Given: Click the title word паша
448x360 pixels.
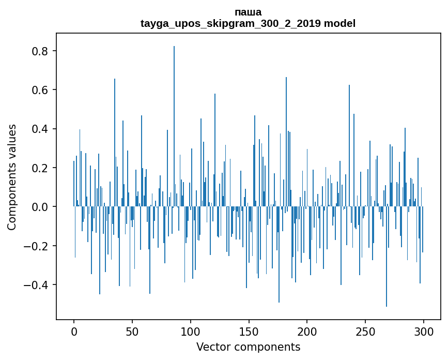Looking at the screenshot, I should (x=248, y=12).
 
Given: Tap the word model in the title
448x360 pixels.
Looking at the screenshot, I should (x=339, y=23).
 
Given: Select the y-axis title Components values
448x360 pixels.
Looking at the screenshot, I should (x=12, y=177).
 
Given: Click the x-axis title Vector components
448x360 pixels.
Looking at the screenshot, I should (x=248, y=347).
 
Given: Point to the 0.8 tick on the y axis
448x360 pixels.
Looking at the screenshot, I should (x=41, y=51).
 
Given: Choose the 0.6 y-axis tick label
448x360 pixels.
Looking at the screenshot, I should (x=41, y=90).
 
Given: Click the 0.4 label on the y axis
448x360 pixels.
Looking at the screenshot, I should (x=41, y=129).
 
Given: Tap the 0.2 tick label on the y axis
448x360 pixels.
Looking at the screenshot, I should (x=41, y=168).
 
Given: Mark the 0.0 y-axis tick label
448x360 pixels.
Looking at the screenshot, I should (x=41, y=207).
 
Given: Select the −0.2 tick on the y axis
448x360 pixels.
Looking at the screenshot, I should (x=37, y=246).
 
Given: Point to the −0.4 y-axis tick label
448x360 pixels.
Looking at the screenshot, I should (x=37, y=285).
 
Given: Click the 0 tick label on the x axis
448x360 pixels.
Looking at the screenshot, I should (x=74, y=331).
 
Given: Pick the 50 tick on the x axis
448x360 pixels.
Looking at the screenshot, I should (x=132, y=331).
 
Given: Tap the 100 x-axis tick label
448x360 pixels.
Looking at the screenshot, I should (x=191, y=331).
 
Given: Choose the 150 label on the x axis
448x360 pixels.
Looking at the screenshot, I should (x=249, y=331).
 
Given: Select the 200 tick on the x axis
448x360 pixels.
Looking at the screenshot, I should (x=307, y=331).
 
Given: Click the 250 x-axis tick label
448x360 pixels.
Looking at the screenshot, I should (x=365, y=331).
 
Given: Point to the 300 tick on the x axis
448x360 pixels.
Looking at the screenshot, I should (x=424, y=331).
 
